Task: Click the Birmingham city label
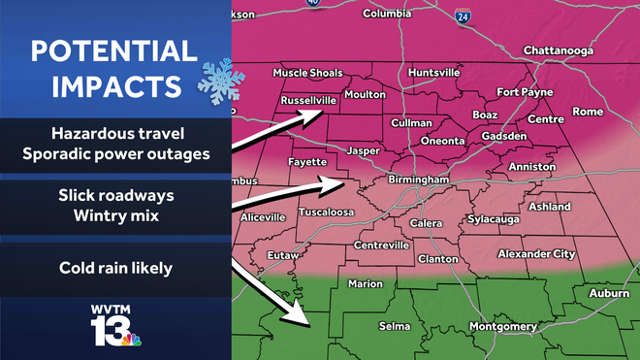pos(418,180)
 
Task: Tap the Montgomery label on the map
pos(502,327)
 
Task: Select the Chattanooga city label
pos(556,49)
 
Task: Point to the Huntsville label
pos(433,73)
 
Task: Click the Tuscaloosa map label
pos(326,212)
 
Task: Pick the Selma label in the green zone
pos(395,327)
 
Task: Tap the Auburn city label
pos(609,292)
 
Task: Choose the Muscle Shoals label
pos(308,73)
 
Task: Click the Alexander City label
pos(536,253)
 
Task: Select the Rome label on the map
pos(588,112)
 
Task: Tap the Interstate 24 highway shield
pos(463,16)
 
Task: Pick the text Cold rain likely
pos(114,267)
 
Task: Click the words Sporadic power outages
pos(114,153)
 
